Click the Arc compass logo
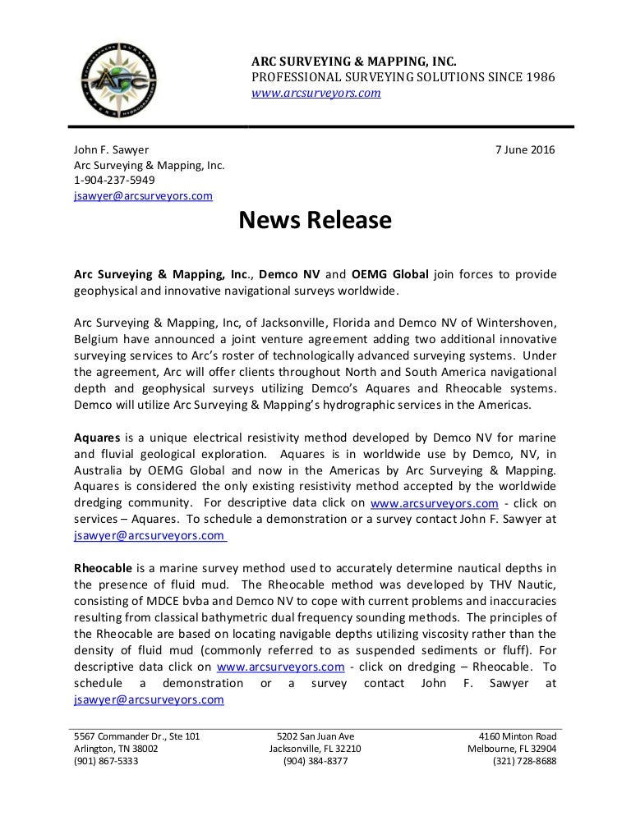(x=121, y=80)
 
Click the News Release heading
(x=315, y=221)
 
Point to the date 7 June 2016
(x=524, y=149)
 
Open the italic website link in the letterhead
(x=315, y=93)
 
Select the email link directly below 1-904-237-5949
(x=143, y=195)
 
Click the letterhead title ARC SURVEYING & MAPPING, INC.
(x=353, y=62)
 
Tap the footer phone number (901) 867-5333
(x=106, y=761)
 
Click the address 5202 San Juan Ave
(x=315, y=736)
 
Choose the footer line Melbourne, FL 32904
(x=511, y=749)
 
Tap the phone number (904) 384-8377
(x=315, y=761)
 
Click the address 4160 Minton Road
(x=517, y=736)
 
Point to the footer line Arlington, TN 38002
(x=116, y=749)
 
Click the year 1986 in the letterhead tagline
(x=540, y=77)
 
